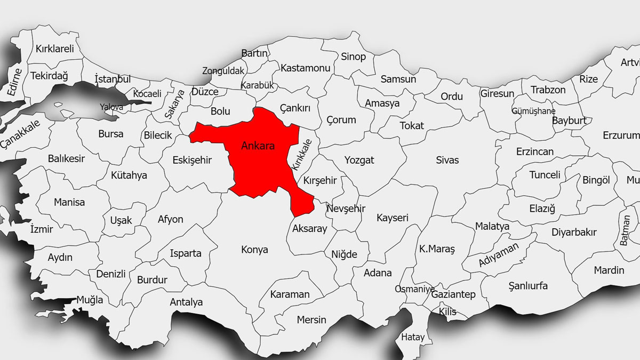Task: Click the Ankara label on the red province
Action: click(258, 146)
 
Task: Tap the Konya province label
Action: click(254, 250)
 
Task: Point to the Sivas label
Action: click(447, 160)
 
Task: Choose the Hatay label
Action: click(413, 337)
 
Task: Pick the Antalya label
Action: click(186, 302)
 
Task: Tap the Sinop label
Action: click(353, 57)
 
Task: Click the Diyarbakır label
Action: click(574, 233)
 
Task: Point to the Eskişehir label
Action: click(192, 160)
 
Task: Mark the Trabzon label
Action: click(548, 90)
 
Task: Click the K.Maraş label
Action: click(437, 249)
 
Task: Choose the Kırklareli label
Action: click(54, 49)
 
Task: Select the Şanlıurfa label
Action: click(527, 286)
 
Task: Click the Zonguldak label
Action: click(223, 71)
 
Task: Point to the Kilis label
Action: click(447, 312)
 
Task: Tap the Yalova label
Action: click(111, 107)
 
